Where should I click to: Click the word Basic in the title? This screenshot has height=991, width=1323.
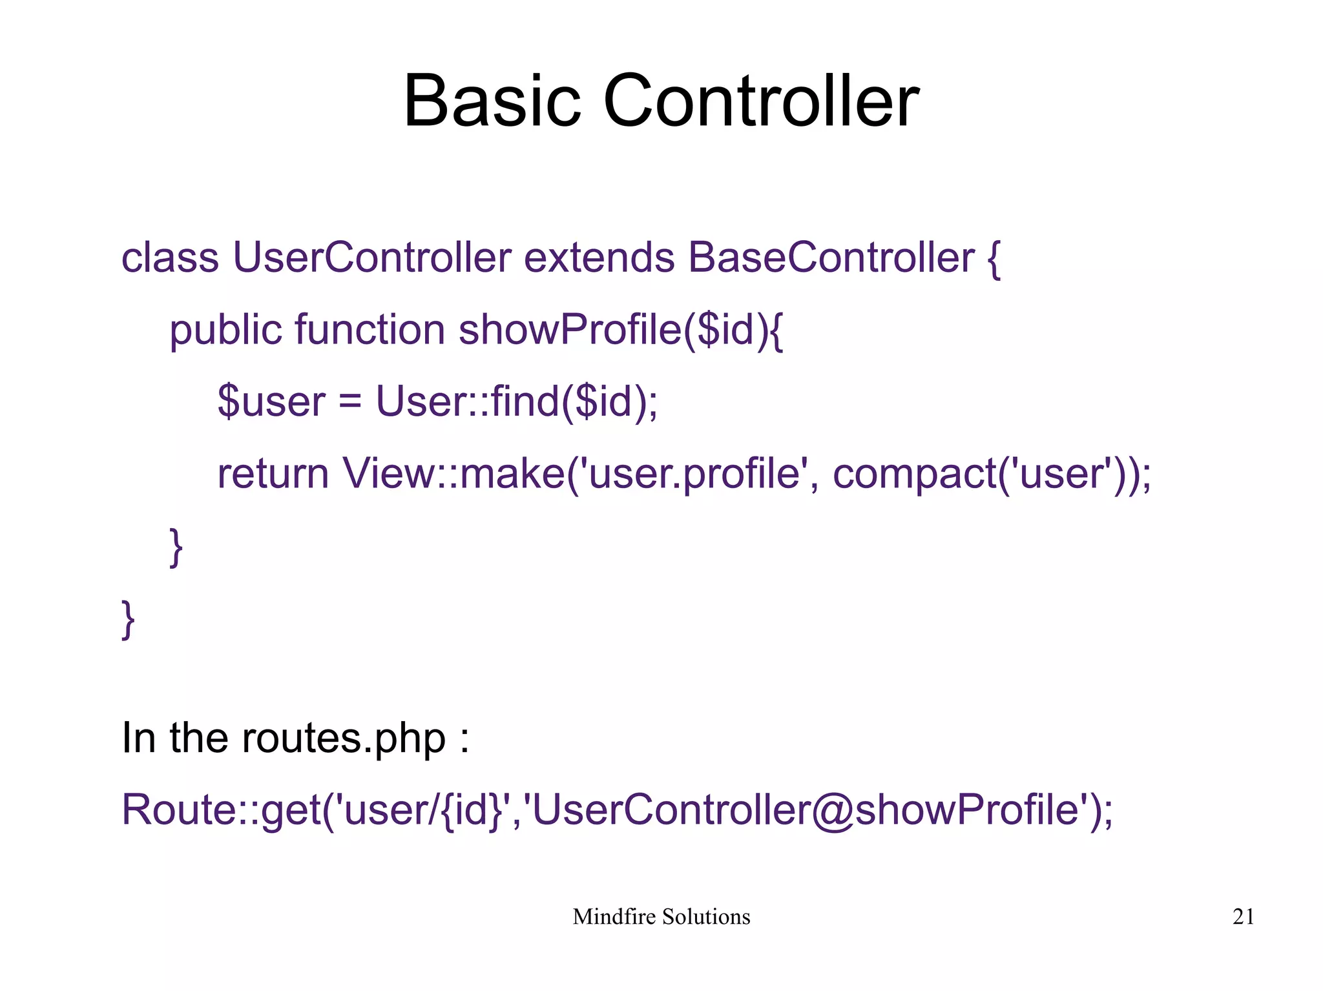[x=492, y=102]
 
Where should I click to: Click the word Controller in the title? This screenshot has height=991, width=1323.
[x=760, y=102]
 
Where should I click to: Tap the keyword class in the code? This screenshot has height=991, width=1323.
[x=170, y=258]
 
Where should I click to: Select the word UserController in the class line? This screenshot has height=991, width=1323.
[x=372, y=258]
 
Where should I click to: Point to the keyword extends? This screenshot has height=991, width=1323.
[x=599, y=258]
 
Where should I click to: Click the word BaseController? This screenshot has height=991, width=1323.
[x=831, y=258]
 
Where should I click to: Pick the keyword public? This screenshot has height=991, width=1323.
[x=225, y=331]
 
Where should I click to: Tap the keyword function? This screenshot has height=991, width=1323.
[x=370, y=330]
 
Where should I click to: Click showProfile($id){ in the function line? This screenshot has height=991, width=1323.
[x=621, y=331]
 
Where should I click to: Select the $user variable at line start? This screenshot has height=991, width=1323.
[x=271, y=402]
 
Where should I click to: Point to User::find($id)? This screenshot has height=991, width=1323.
[x=517, y=402]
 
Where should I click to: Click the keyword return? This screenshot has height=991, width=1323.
[x=273, y=474]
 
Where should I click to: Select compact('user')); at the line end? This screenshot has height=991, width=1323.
[x=992, y=475]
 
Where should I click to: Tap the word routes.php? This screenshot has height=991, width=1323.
[x=343, y=739]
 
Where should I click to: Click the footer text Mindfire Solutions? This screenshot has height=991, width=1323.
[x=661, y=917]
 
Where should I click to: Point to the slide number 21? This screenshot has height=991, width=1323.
[x=1243, y=917]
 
